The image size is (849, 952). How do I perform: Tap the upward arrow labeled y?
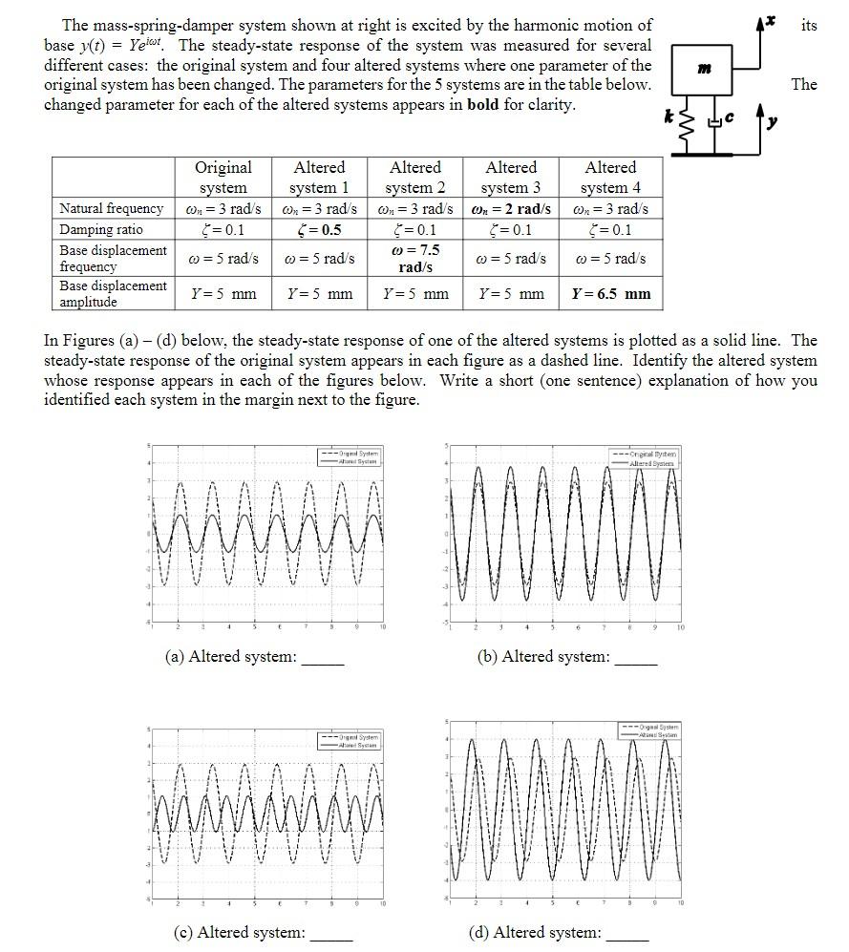(x=760, y=131)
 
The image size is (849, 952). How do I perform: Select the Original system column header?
(x=223, y=178)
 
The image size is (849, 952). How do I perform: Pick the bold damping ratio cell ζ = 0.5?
(x=319, y=230)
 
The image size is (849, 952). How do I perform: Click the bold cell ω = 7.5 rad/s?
(x=415, y=258)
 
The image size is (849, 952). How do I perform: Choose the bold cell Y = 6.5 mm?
(x=610, y=294)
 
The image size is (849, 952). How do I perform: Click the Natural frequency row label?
(x=111, y=208)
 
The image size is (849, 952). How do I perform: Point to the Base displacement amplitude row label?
(x=113, y=294)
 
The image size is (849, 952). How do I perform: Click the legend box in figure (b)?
(x=648, y=458)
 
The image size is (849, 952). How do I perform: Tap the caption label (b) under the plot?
(x=488, y=657)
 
